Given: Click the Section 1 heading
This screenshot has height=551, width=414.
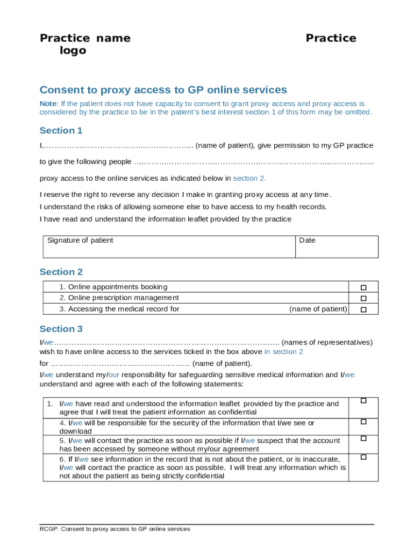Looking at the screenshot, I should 61,131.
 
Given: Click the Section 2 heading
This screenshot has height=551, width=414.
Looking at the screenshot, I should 61,272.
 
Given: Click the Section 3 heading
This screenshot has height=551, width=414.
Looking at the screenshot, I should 61,329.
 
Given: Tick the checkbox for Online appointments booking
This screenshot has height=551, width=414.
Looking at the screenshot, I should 363,287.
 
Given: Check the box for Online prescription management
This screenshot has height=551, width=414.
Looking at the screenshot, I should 363,298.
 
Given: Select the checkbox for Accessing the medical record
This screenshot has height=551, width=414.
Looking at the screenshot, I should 363,309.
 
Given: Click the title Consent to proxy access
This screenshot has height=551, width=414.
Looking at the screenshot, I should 163,90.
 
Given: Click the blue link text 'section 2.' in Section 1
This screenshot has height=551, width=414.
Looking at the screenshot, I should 249,178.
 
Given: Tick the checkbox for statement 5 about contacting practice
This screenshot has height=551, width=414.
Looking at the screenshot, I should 363,439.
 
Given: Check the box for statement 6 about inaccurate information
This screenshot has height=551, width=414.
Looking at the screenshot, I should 363,457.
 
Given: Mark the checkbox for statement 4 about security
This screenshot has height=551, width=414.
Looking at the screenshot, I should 363,421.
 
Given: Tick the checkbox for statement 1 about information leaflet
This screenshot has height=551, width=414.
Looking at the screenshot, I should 363,401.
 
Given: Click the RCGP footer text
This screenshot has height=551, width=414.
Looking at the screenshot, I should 115,529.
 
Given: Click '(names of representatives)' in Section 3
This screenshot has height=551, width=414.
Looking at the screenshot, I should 326,342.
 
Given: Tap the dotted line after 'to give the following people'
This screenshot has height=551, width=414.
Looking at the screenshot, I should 253,162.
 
